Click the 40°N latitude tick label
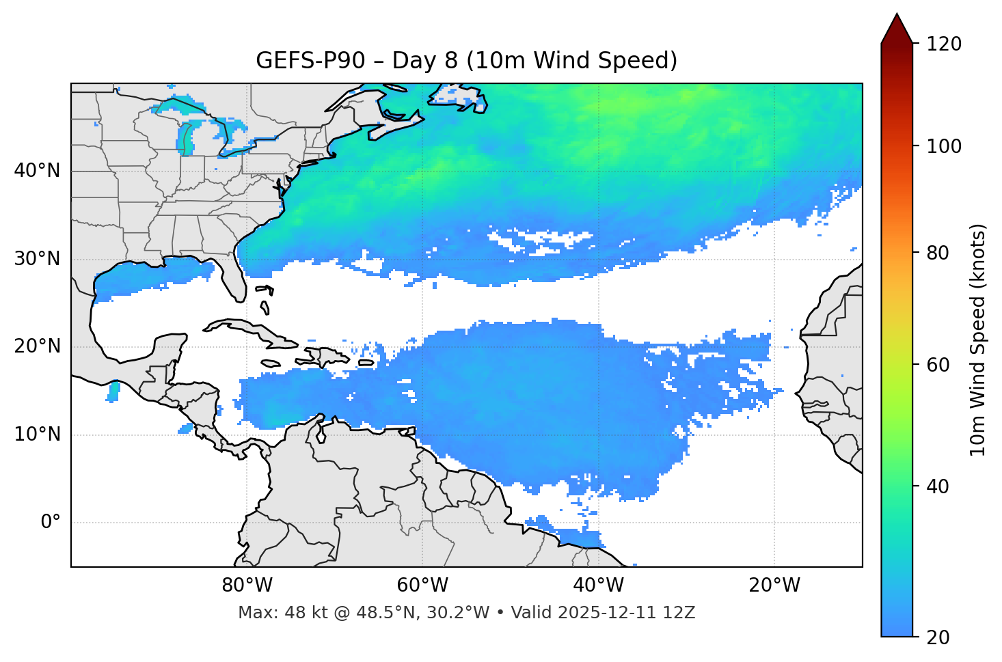[x=37, y=171]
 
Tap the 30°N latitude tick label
[x=37, y=259]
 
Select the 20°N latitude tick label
[x=37, y=346]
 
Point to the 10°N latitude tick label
[x=37, y=435]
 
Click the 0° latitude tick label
[x=51, y=523]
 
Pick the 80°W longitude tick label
[x=247, y=585]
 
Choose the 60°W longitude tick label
[x=423, y=585]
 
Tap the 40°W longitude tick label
[x=599, y=585]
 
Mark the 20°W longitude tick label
[x=774, y=585]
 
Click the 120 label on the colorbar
[x=944, y=44]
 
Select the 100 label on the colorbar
[x=944, y=146]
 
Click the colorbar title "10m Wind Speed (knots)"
[x=978, y=340]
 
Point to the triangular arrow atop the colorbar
[x=897, y=29]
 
